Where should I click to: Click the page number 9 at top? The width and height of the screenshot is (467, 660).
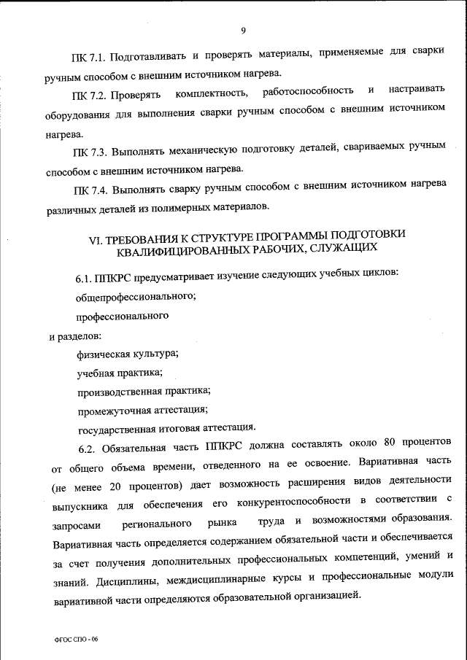[242, 30]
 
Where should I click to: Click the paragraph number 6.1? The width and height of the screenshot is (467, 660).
[86, 279]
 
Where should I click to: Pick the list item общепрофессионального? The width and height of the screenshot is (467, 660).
[134, 298]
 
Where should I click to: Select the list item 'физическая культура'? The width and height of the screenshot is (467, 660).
[128, 354]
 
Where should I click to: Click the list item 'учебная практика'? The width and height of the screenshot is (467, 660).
[120, 372]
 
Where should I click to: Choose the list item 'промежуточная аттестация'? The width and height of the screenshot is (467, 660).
[143, 409]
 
